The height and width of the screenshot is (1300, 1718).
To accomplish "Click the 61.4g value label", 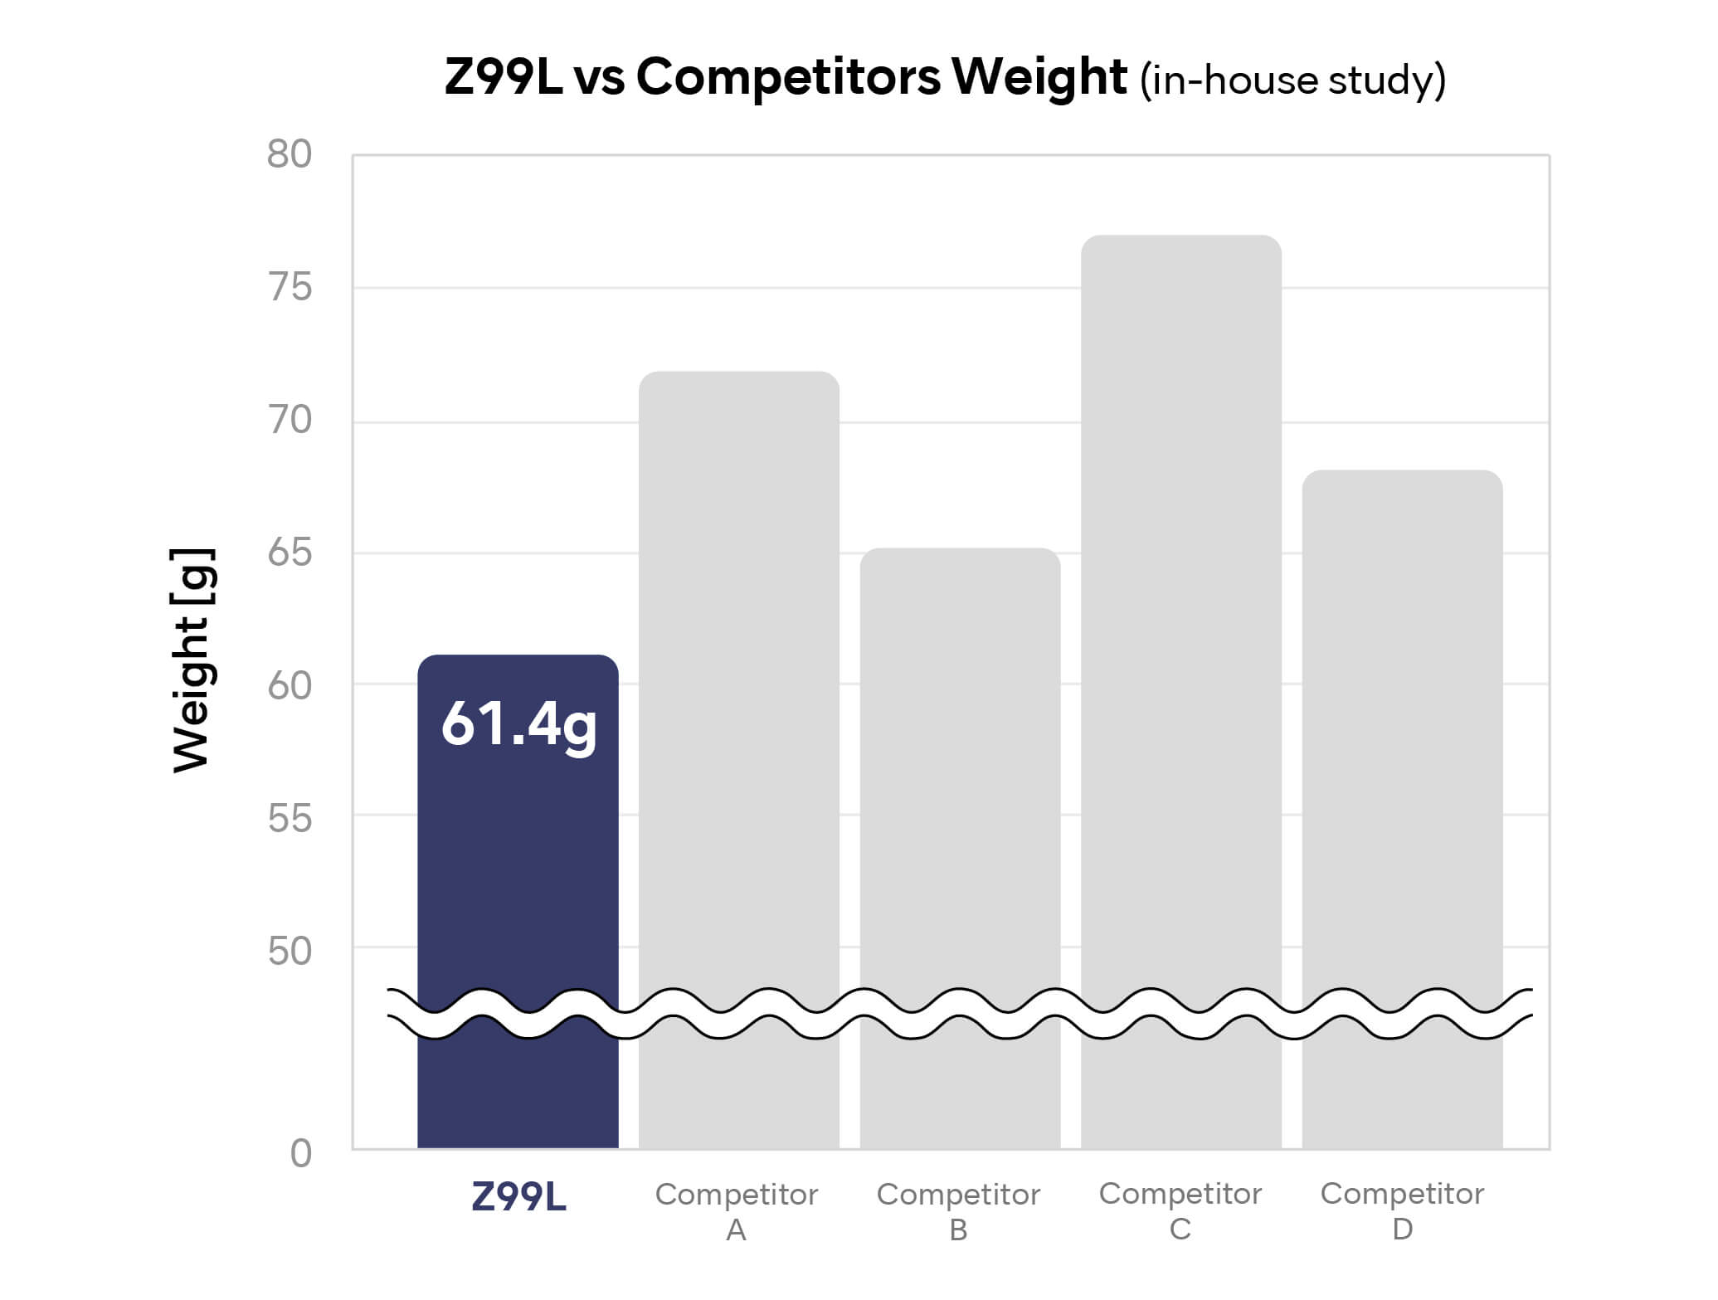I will pos(519,725).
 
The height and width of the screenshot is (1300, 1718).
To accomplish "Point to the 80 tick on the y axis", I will pos(290,154).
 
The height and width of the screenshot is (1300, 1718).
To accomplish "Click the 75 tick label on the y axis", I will pos(290,288).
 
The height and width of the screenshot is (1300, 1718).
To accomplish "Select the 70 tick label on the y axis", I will pos(290,421).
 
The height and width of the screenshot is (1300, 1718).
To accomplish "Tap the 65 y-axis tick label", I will pos(290,553).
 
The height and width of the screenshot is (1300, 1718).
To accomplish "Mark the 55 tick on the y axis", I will pos(290,819).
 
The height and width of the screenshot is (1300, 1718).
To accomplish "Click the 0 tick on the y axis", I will pos(301,1154).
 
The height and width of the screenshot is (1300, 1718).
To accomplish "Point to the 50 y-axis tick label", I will pos(290,952).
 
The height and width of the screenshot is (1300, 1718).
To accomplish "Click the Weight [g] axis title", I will pos(192,660).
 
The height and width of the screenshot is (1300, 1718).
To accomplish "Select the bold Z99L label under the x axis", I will pos(518,1197).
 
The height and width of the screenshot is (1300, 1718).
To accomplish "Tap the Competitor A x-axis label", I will pos(737,1211).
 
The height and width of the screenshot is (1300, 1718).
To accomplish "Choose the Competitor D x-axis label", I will pos(1402,1211).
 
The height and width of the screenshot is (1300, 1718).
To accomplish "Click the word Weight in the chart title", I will pos(1039,77).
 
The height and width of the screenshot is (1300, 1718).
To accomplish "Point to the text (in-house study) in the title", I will pos(1292,80).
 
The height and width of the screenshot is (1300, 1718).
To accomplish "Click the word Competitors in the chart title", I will pos(788,77).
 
